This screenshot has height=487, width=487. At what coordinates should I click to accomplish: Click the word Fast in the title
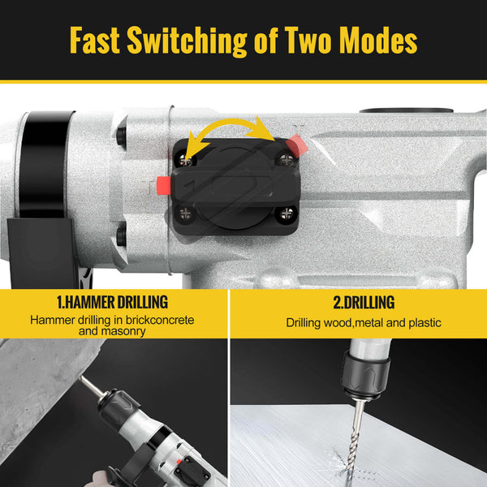[x=95, y=40]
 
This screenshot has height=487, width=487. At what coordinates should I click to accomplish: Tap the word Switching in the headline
[x=187, y=41]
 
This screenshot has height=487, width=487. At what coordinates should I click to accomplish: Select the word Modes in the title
[x=378, y=40]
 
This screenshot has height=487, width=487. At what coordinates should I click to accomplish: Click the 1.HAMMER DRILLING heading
[x=112, y=302]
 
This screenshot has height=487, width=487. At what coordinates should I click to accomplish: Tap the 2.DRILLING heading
[x=364, y=303]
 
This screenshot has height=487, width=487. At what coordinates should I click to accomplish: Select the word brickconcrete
[x=160, y=320]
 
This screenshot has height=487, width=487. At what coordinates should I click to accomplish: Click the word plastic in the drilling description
[x=425, y=323]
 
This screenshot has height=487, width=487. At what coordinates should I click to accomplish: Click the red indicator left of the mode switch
[x=164, y=185]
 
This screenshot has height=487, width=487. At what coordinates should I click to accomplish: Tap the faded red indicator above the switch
[x=296, y=145]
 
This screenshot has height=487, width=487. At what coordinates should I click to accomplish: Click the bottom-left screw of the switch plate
[x=185, y=214]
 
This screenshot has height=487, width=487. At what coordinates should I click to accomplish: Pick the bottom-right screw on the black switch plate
[x=286, y=213]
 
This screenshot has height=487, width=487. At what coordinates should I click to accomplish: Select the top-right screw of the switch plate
[x=286, y=160]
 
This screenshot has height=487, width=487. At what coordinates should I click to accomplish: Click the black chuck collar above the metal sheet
[x=365, y=376]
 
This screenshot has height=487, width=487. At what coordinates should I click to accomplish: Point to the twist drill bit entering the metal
[x=355, y=435]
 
